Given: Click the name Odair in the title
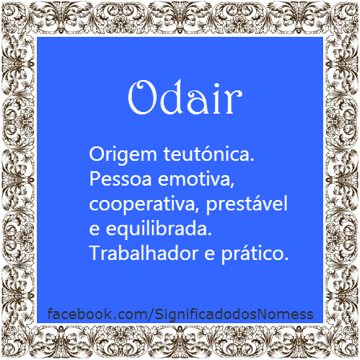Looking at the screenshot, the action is pos(185,98).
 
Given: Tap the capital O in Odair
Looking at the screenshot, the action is pos(142,98).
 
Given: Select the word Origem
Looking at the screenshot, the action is pos(123,155).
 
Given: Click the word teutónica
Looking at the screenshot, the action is pos(209,154).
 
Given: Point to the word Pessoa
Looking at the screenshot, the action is pos(121,179).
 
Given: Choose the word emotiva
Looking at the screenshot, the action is pos(196,179).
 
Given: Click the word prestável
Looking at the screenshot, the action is pos(246,203).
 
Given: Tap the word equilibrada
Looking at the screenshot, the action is pos(158,229).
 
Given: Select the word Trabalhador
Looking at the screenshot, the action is pos(144,253).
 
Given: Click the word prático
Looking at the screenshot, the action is pos(255,254).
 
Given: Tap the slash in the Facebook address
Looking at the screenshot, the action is pos(150,314).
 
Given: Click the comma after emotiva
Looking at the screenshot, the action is pos(232,184).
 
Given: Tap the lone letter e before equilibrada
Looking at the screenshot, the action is pos(94,230).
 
